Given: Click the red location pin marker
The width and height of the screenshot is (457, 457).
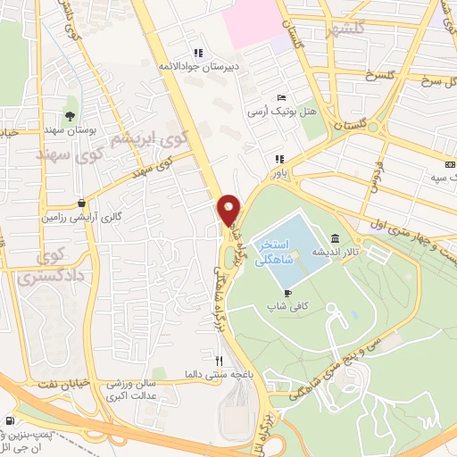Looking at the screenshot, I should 229,211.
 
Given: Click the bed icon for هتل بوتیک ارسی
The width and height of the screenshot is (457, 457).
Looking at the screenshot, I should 282,97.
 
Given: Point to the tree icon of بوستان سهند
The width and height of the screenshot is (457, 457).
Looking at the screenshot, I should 70,115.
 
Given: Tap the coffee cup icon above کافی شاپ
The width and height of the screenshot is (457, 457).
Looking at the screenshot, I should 287,292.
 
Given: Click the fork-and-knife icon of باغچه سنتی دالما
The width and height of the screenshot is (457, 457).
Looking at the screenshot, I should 219,360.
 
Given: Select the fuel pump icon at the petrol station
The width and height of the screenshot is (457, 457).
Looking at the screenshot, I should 10,420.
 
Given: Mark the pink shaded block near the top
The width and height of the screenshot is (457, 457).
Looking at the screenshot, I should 254,22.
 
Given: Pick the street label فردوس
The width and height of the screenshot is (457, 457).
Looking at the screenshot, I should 376,179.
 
